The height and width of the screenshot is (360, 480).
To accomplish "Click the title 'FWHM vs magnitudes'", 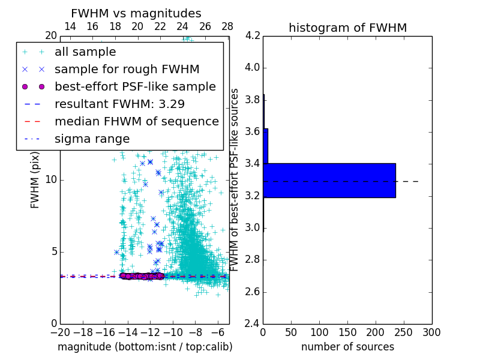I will point(136,13).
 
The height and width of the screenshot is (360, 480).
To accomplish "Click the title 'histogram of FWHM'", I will point(347,28).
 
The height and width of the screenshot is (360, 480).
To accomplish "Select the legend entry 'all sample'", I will point(85,52).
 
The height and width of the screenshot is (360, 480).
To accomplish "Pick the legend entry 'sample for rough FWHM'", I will point(127,70).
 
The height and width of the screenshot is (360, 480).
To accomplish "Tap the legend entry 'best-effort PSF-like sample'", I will point(135,86).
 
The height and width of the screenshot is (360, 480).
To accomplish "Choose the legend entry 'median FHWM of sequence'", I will point(136,121).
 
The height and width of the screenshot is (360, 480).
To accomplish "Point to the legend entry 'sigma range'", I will point(92,139).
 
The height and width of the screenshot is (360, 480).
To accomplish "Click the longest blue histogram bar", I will point(329,180).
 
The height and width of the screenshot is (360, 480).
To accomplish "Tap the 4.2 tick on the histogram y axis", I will point(253,35).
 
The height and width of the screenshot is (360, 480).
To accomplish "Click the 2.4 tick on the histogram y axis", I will point(253,324).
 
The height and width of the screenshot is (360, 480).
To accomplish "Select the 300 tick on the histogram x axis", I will point(431,332).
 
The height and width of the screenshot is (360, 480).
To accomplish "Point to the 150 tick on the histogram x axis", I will point(347,332).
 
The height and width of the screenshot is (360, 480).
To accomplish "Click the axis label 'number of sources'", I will point(347,347).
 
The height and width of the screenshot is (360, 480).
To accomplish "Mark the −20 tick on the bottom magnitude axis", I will point(60,332).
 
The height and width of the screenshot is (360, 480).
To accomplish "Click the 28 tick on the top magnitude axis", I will point(227,26).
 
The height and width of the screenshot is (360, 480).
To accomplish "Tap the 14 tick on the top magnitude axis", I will point(70,26).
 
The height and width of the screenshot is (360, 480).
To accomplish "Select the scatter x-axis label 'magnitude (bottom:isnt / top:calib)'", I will point(145,347).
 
